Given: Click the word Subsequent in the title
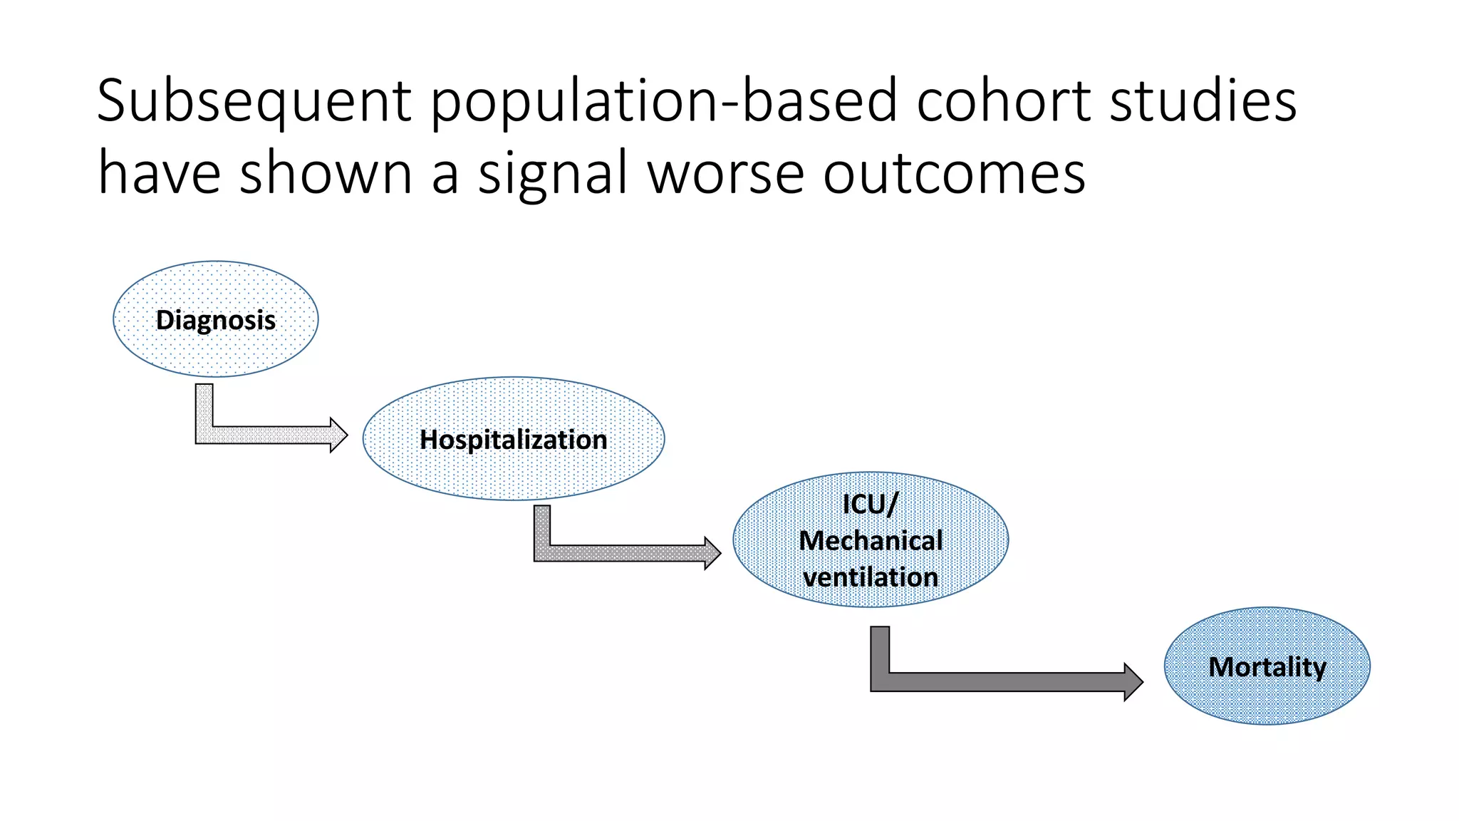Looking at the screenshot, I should click(254, 101).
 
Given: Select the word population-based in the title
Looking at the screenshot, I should click(663, 101).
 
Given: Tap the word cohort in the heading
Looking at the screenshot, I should click(1003, 101).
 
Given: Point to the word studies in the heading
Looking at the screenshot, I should click(1203, 101).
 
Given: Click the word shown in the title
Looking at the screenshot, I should click(326, 173).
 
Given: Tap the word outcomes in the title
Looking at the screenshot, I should click(954, 173).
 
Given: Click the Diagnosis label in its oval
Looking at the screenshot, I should click(215, 320).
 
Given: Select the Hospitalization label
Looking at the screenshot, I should click(513, 440).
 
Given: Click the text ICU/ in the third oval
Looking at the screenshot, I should click(870, 504).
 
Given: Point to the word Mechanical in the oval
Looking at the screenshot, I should click(871, 541).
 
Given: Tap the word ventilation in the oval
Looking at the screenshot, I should click(871, 577).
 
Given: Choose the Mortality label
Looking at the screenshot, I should click(1267, 667).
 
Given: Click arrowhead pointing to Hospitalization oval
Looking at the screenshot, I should click(338, 435).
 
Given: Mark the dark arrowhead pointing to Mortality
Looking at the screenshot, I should click(1133, 682).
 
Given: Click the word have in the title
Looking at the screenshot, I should click(159, 173).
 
